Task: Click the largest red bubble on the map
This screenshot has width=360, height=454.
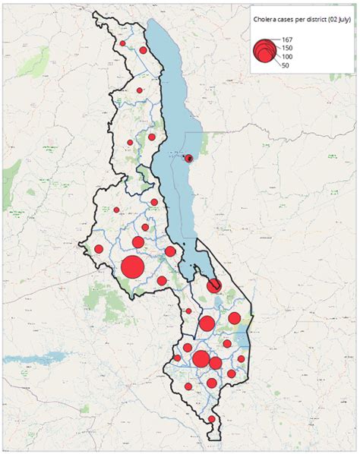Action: (131, 267)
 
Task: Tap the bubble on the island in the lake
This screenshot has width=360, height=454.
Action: (189, 158)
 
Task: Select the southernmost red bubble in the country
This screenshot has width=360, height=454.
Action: (212, 419)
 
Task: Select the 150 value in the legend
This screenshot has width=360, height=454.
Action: (287, 49)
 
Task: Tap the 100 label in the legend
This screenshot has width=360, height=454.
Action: (286, 58)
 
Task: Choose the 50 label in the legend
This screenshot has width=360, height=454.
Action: (284, 66)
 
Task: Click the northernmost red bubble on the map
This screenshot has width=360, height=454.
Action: (122, 43)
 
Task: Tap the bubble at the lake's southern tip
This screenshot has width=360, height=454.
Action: (214, 285)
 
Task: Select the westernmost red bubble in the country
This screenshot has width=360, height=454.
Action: (98, 249)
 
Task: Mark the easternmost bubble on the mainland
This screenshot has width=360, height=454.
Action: (241, 359)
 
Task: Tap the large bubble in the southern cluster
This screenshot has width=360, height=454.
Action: (201, 359)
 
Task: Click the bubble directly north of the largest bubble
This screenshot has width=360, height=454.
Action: (137, 242)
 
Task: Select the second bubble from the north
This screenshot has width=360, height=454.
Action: (143, 50)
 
